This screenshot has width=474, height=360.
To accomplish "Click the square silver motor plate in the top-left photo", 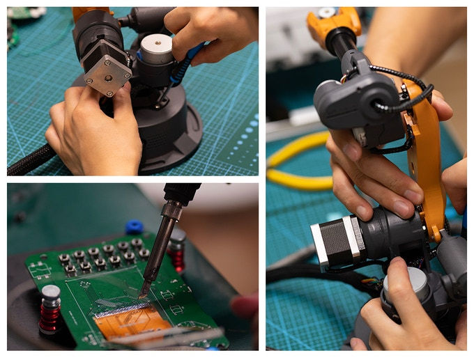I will point(107,68).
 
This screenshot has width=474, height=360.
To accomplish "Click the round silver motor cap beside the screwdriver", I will point(157,47).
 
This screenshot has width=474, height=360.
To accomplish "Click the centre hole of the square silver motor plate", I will point(107,68).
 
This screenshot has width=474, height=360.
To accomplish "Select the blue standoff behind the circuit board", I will point(134,227).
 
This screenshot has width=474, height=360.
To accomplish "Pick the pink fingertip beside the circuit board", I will point(245,306).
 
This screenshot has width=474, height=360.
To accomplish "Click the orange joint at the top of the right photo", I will point(333,24).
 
